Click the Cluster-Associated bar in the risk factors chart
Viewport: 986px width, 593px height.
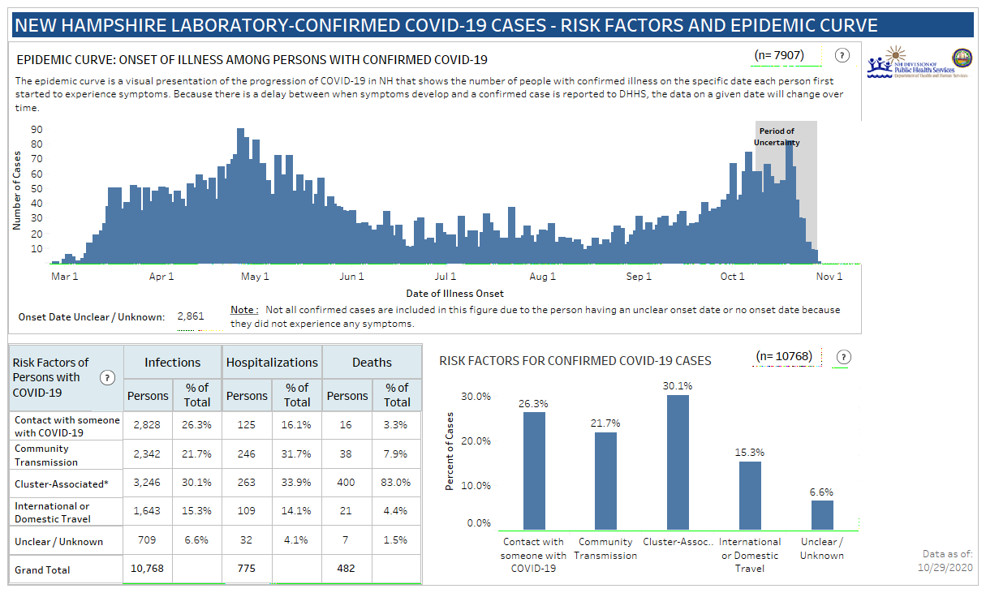point(678,462)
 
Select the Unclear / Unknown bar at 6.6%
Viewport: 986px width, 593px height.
point(822,515)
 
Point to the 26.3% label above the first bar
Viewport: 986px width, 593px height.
point(533,403)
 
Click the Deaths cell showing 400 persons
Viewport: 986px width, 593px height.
point(347,483)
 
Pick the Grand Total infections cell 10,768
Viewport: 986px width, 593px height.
point(148,569)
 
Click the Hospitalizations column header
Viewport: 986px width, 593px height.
point(272,363)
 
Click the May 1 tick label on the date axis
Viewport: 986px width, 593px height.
point(255,277)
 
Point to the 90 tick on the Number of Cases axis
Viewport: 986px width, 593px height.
point(37,129)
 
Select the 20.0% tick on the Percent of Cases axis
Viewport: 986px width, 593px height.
point(476,441)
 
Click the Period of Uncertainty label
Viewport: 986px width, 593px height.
point(777,136)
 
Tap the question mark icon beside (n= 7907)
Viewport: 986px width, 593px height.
point(842,56)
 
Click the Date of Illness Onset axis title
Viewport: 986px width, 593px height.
point(454,293)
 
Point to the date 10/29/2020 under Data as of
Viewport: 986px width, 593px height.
point(943,568)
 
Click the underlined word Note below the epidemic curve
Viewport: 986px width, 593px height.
point(243,310)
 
